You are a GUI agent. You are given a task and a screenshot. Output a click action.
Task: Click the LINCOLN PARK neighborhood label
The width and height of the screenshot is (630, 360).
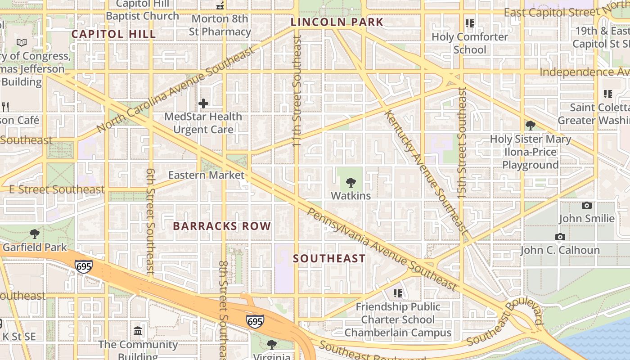[x=337, y=22]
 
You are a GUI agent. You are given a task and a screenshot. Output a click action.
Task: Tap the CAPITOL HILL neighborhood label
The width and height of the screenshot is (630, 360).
[x=114, y=34]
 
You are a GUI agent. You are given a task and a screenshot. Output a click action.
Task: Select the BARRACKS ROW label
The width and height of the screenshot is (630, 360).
[x=222, y=226]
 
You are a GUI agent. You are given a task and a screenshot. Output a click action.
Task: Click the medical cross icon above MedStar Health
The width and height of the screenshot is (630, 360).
[x=203, y=103]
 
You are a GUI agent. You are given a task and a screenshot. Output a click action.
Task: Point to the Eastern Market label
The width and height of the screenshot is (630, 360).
[x=206, y=175]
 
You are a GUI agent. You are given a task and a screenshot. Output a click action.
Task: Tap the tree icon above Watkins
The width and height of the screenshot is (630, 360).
[x=351, y=182]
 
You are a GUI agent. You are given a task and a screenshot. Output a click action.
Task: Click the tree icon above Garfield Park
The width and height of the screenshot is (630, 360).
[x=34, y=234]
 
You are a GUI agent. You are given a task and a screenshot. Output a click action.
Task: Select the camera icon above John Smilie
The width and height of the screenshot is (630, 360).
[x=587, y=205]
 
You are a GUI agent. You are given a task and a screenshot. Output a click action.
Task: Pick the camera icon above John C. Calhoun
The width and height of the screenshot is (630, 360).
[x=560, y=237]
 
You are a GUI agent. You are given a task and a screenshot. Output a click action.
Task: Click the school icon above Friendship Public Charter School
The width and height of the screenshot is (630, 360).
[x=398, y=293]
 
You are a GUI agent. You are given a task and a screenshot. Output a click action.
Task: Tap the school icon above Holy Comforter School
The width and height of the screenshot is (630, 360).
[x=470, y=23]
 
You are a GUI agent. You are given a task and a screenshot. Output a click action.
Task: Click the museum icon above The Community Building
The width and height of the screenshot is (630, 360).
[x=138, y=331]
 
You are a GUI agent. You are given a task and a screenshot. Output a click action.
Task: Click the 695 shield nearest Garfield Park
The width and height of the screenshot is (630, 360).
[x=84, y=266]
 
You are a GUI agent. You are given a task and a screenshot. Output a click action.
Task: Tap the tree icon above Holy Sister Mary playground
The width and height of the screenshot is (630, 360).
[x=530, y=125]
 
